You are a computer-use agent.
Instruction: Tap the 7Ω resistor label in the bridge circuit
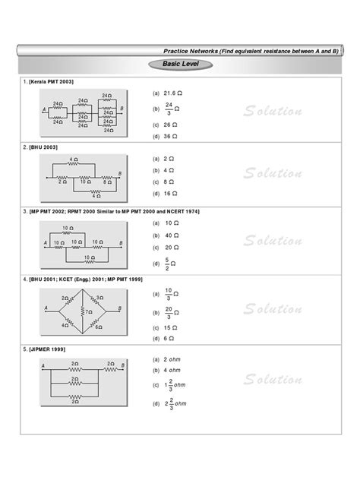pos(90,311)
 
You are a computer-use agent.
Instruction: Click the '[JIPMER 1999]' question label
pos(48,349)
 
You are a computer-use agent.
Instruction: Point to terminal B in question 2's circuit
pos(118,175)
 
